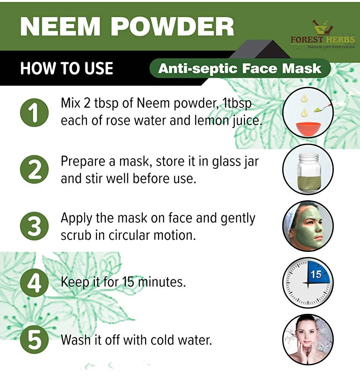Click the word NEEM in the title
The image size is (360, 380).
coord(60,27)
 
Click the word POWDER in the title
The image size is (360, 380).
coord(172,27)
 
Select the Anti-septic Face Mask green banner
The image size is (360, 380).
coord(240,68)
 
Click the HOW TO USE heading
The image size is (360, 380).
coord(66,68)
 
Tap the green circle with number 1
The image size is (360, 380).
coord(35,113)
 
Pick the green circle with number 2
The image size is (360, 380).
coord(35,169)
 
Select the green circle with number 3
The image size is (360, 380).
coord(35,226)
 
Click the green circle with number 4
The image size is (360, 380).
coord(35,283)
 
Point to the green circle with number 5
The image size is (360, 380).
coord(35,339)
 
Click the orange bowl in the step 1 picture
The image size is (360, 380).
coord(308,129)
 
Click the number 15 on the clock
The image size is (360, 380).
coord(316,275)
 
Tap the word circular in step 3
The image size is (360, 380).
coord(129,235)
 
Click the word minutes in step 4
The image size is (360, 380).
coord(162,282)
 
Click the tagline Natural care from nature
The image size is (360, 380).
coord(331,46)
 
